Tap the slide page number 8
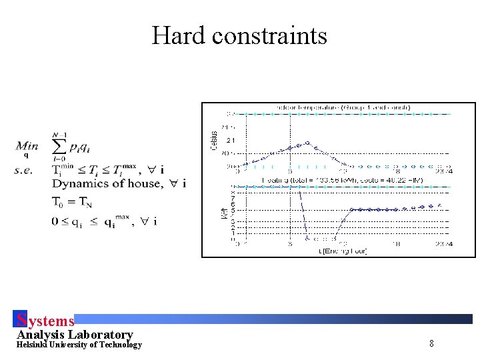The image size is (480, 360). pyautogui.click(x=431, y=344)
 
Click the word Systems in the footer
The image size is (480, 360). pyautogui.click(x=45, y=321)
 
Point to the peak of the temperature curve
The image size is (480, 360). pyautogui.click(x=307, y=142)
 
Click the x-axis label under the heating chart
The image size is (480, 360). pyautogui.click(x=343, y=251)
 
